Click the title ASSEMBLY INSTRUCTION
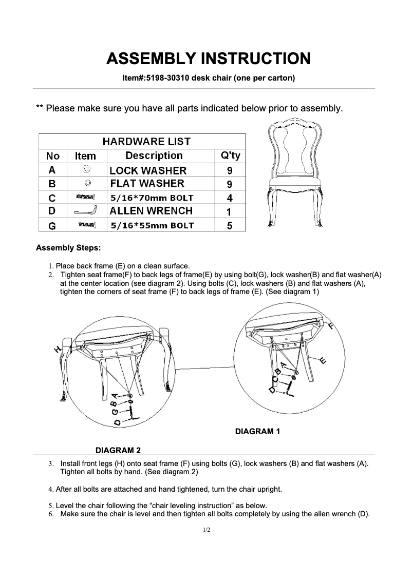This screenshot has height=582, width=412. pyautogui.click(x=208, y=58)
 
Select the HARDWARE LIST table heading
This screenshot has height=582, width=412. pyautogui.click(x=146, y=141)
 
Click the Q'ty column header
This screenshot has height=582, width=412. pyautogui.click(x=230, y=156)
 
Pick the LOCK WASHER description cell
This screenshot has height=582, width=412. pyautogui.click(x=148, y=170)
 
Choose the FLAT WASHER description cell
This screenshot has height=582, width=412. pyautogui.click(x=147, y=184)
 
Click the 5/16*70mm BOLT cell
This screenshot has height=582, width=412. pyautogui.click(x=152, y=198)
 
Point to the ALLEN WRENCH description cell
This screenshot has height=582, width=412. pyautogui.click(x=151, y=210)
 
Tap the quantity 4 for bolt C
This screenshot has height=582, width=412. pyautogui.click(x=230, y=198)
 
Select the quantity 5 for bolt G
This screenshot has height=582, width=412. pyautogui.click(x=230, y=225)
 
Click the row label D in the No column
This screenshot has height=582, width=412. pyautogui.click(x=52, y=211)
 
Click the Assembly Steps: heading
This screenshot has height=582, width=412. pyautogui.click(x=68, y=248)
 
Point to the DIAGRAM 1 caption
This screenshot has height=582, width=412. pyautogui.click(x=257, y=432)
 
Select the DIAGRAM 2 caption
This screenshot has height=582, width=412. pyautogui.click(x=118, y=451)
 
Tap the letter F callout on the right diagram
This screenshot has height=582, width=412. pyautogui.click(x=330, y=326)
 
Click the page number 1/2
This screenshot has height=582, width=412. pyautogui.click(x=206, y=529)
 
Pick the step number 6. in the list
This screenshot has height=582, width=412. pyautogui.click(x=51, y=514)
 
